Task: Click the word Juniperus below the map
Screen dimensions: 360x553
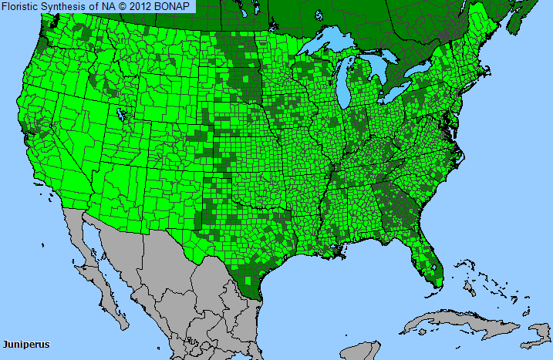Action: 25,344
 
